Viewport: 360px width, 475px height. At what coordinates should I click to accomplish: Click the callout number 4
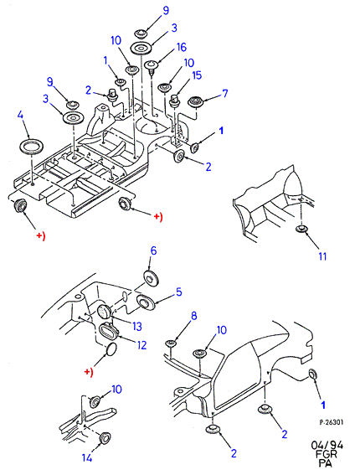click(x=20, y=116)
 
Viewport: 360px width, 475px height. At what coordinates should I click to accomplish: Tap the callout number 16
click(x=181, y=47)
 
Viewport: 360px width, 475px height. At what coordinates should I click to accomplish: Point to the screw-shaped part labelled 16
click(x=151, y=67)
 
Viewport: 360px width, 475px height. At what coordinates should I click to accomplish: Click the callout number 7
click(x=224, y=94)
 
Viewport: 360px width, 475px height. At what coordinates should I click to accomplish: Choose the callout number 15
click(x=197, y=75)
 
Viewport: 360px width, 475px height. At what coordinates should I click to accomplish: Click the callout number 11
click(x=323, y=256)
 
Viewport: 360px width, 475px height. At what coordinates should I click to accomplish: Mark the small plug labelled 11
click(x=301, y=228)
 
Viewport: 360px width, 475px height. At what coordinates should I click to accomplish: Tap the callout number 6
click(x=153, y=250)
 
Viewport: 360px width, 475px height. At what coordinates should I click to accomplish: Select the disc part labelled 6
click(x=150, y=277)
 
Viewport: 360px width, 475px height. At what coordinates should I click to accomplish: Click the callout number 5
click(x=179, y=292)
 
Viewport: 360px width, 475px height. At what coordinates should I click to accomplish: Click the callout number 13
click(x=136, y=326)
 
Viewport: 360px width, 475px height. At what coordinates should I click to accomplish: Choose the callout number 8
click(x=193, y=317)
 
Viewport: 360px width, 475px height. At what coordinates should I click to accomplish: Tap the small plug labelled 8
click(x=171, y=343)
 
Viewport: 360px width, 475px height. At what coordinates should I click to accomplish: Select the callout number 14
click(x=87, y=457)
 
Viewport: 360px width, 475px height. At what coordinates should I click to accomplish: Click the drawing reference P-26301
click(x=332, y=422)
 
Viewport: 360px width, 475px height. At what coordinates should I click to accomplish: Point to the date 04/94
click(x=327, y=446)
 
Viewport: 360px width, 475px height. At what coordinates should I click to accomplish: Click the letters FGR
click(x=326, y=454)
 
